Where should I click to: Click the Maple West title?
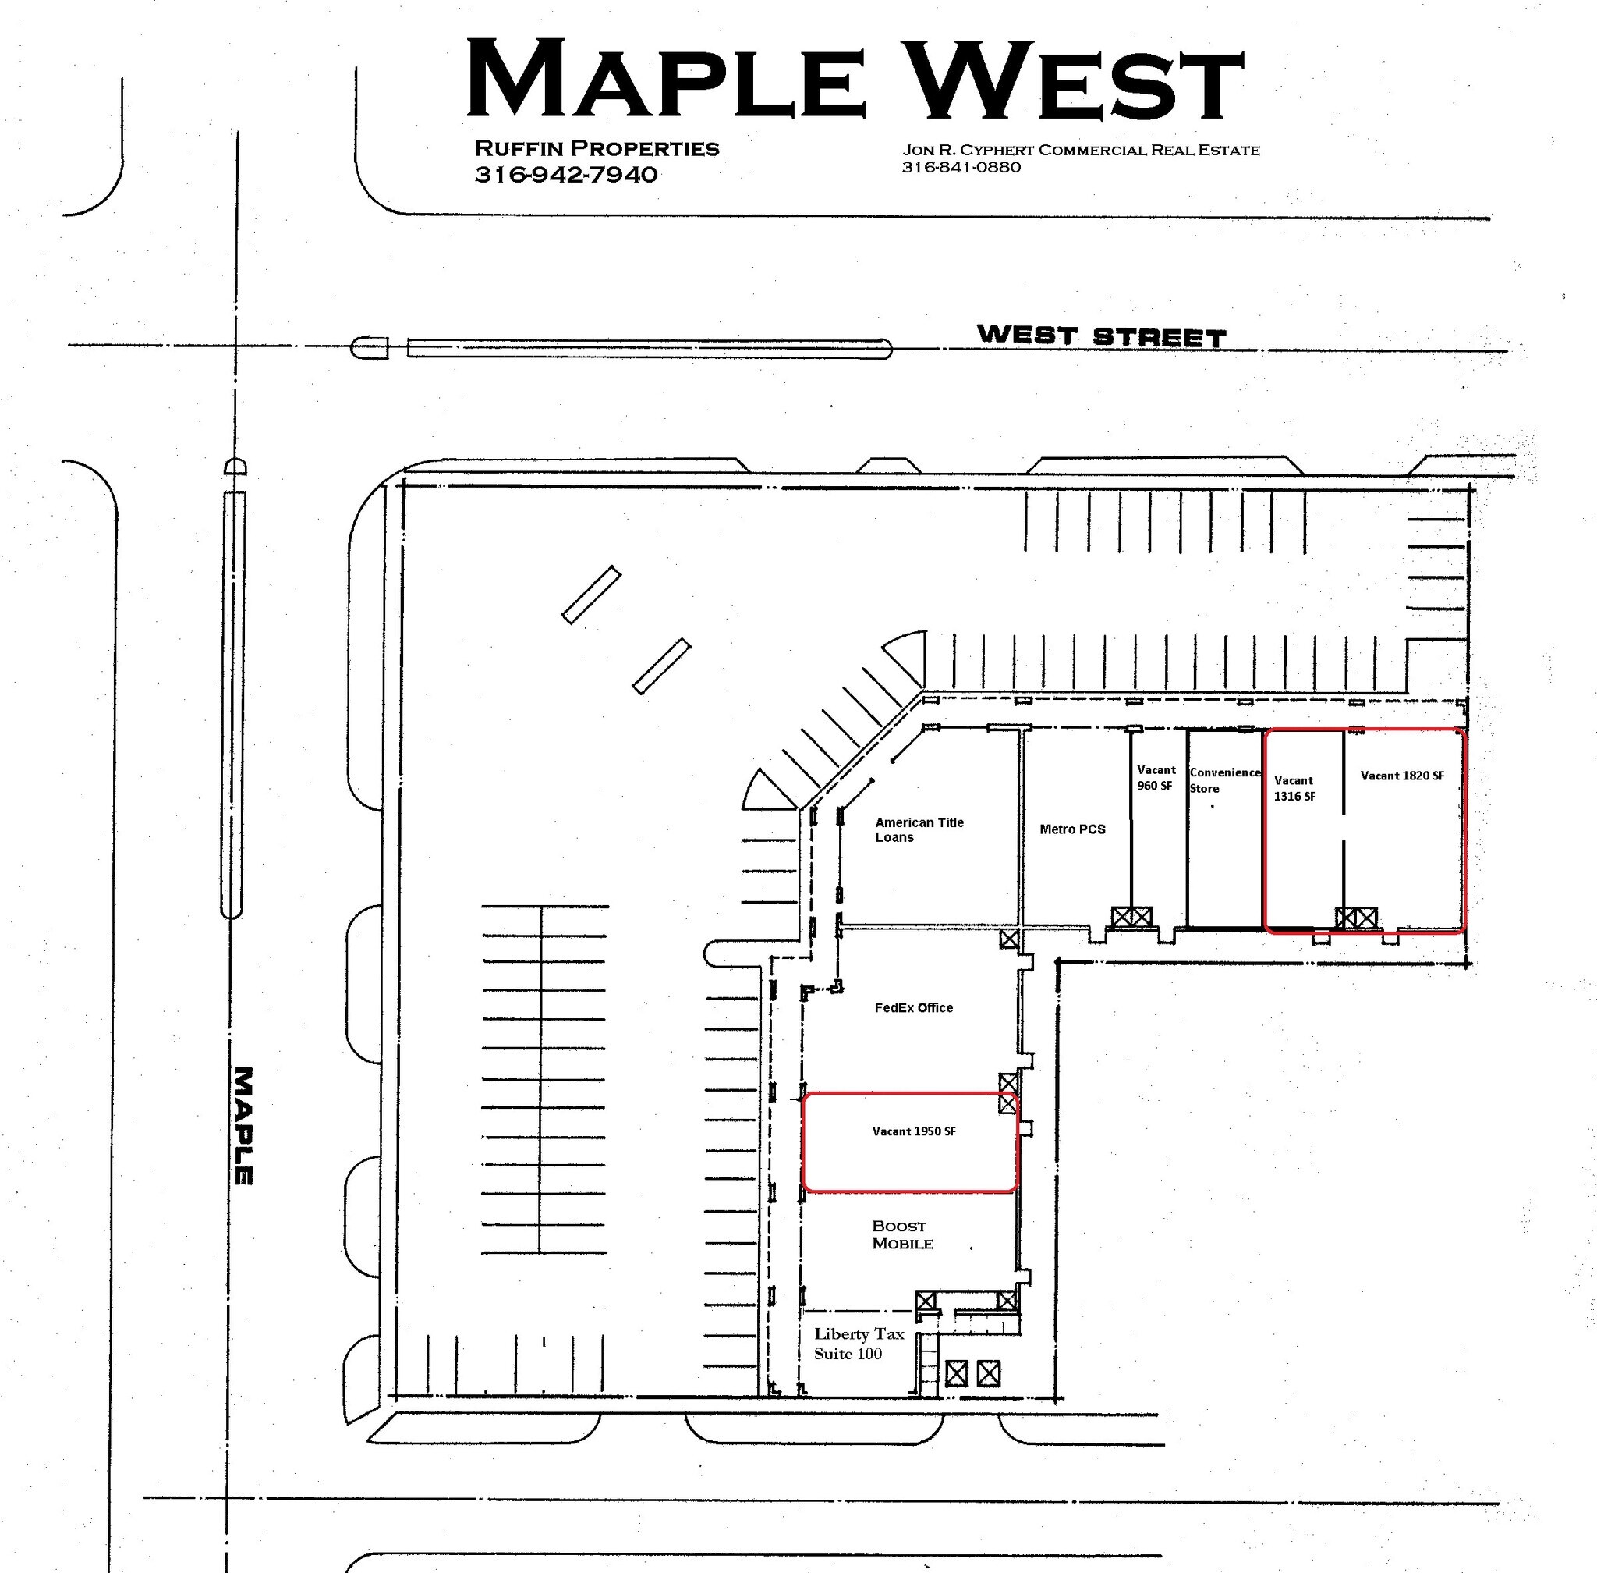(855, 80)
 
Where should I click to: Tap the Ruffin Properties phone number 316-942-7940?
(565, 174)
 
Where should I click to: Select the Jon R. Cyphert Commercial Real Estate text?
(1080, 150)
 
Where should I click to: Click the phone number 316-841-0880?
(961, 167)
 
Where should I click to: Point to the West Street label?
(1101, 336)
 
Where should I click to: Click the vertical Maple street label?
(243, 1125)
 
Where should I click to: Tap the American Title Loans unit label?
(919, 829)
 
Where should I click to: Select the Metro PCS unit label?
(1072, 829)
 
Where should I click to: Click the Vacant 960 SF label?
(1155, 777)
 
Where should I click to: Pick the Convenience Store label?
(1223, 780)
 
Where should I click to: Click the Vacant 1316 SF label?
(1294, 788)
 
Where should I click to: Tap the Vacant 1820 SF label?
(1402, 776)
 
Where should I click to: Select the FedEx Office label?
(913, 1007)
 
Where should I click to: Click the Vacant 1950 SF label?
(913, 1131)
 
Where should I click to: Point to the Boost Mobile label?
(901, 1234)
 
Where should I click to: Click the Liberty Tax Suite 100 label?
(857, 1344)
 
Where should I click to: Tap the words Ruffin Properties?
(597, 149)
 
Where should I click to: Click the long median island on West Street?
(649, 348)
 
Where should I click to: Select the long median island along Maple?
(234, 704)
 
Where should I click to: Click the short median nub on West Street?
(370, 348)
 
